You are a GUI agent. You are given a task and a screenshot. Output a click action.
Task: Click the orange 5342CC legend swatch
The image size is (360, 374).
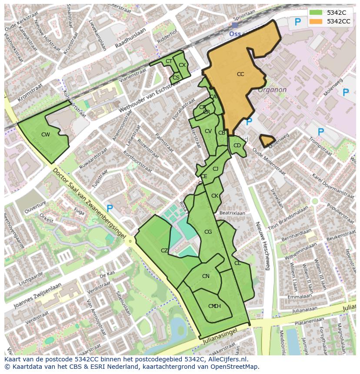coord(316,21)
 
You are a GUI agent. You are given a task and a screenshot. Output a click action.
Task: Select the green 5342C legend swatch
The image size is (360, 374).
coord(316,13)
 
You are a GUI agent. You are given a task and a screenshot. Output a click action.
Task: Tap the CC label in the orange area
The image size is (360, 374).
coord(240,74)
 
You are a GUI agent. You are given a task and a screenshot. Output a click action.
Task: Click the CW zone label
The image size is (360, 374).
coord(46,135)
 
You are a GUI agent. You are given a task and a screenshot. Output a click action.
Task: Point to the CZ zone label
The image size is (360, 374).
coord(164,251)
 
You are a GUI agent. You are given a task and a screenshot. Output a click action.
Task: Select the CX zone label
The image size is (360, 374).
coord(182,65)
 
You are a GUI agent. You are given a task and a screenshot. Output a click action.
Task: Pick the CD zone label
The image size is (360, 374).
coord(237,146)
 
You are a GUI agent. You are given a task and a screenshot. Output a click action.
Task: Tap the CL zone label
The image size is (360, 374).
coord(237,263)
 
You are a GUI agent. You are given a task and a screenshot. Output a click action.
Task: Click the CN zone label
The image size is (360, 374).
coord(206,276)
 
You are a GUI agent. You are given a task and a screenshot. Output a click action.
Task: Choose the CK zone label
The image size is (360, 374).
coord(215,196)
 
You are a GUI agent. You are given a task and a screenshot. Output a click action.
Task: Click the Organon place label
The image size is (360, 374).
coord(272,90)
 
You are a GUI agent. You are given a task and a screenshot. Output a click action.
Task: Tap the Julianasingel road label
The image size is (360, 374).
coord(220,343)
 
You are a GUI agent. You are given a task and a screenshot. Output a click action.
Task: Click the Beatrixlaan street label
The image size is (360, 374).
coord(232,213)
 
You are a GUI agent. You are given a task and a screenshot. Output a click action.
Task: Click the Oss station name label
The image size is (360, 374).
coord(235,33)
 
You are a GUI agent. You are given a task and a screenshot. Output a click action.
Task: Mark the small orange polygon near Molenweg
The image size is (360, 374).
coord(267,140)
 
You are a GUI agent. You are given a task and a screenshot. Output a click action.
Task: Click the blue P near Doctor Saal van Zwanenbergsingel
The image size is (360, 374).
coord(110,209)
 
